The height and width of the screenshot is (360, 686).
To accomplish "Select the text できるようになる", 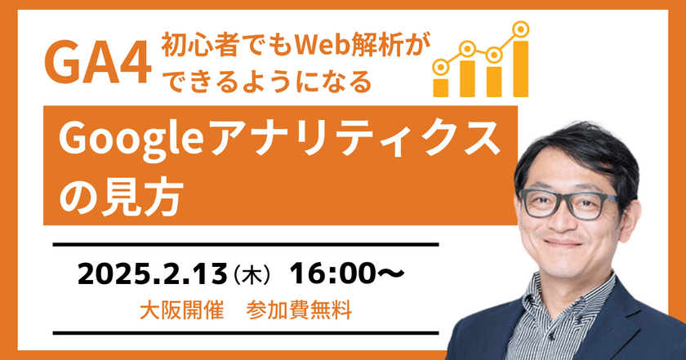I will point(267,82).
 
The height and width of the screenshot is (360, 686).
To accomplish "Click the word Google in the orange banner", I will point(123,140).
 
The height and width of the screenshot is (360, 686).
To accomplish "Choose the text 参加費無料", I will point(298,312).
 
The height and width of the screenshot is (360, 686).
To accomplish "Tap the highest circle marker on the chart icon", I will point(519,30).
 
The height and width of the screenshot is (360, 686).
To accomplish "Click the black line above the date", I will point(245,243).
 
